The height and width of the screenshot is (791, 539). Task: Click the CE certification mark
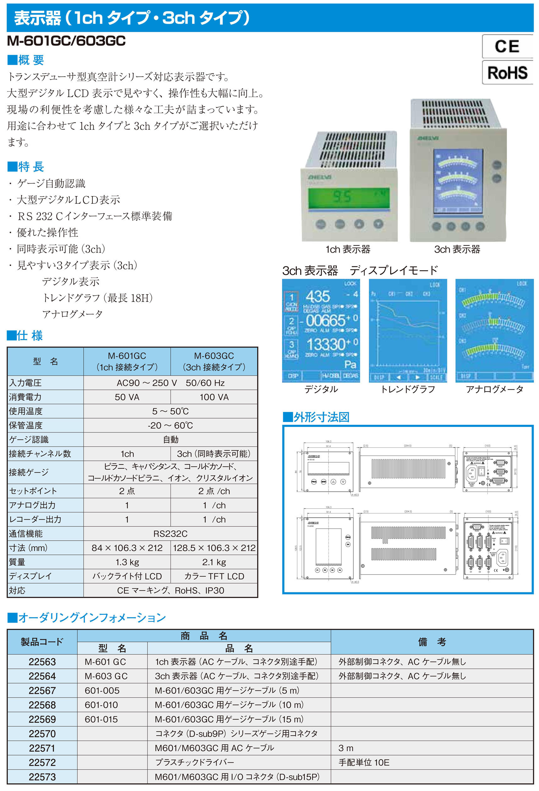point(507,46)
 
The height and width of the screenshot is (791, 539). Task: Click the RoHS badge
point(507,73)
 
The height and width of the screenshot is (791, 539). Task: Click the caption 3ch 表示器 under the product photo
point(457,249)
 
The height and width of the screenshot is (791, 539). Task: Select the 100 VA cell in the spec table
point(214,397)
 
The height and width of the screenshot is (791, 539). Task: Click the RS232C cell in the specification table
point(170,533)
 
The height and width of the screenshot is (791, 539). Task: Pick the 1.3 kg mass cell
point(127,562)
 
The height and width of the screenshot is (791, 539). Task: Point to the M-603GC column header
point(214,361)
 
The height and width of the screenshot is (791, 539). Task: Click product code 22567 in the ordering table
point(42,690)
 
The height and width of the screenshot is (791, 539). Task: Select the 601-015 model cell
point(101,719)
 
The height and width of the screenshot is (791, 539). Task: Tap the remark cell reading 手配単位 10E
point(364,762)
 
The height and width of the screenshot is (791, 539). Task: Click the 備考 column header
point(432,641)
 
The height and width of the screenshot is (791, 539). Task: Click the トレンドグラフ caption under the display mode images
point(408,389)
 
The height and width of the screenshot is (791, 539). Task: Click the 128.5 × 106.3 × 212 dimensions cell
point(214,548)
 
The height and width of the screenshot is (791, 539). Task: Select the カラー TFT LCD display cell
point(214,576)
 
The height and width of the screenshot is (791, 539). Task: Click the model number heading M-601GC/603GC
point(66,41)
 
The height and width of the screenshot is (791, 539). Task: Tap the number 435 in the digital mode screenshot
point(318,296)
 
